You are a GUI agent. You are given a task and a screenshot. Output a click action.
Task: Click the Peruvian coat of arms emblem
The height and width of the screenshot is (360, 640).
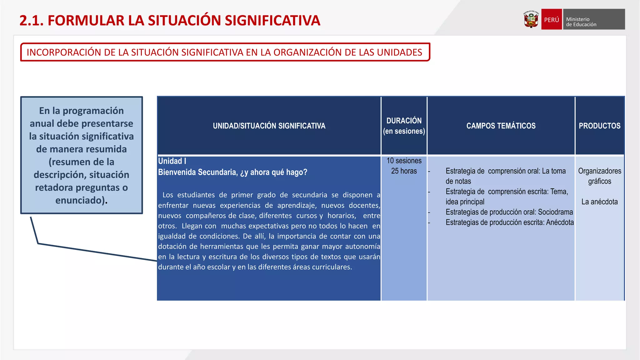[x=531, y=19]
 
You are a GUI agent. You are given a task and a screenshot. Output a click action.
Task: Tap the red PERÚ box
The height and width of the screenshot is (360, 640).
[x=552, y=19]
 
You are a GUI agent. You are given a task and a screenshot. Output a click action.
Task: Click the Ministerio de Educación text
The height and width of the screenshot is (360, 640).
[x=581, y=22]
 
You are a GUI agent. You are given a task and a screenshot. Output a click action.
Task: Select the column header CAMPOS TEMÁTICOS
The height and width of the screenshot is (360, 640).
[x=501, y=126]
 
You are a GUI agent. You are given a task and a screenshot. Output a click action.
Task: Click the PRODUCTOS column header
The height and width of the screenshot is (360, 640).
[x=599, y=126]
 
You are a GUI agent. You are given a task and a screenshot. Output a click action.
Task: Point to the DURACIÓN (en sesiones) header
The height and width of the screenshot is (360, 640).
[x=404, y=126]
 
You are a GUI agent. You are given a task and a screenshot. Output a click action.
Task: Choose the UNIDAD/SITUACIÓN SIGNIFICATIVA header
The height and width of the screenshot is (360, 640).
[x=269, y=126]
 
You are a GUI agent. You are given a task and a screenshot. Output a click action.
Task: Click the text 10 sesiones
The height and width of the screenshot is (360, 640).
[x=404, y=161]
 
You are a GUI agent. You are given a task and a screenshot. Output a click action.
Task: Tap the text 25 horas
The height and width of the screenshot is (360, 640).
[x=404, y=171]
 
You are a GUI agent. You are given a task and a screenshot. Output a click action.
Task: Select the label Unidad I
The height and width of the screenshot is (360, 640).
[x=172, y=161]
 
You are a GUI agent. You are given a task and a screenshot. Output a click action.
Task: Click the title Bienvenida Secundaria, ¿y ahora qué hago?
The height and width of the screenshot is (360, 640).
[x=232, y=172]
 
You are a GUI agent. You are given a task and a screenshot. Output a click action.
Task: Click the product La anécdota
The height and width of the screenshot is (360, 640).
[x=599, y=202]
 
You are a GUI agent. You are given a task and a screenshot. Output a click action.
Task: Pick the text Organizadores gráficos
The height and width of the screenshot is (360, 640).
[x=599, y=176]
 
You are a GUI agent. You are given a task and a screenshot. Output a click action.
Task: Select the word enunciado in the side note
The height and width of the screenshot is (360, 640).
[x=79, y=200]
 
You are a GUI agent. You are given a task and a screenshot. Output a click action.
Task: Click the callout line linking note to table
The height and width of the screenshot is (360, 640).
[x=94, y=252]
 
